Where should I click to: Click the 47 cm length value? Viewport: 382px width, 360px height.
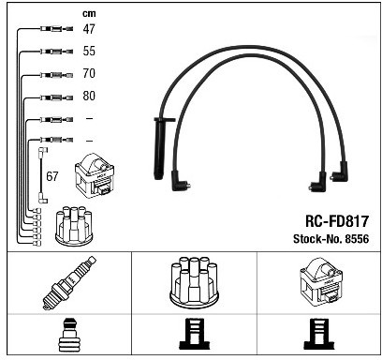coord(89,29)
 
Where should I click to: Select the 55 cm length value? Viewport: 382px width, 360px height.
coord(89,51)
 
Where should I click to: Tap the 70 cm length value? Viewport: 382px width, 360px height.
coord(89,73)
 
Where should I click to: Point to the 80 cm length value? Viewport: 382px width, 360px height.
coord(89,96)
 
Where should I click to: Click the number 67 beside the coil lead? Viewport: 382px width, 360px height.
coord(52,176)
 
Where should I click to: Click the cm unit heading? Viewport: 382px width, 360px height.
coord(89,14)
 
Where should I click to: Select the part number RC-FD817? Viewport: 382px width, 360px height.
coord(337,221)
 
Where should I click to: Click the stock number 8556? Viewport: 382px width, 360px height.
coord(357,239)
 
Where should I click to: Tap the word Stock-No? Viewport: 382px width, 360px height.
coord(317,239)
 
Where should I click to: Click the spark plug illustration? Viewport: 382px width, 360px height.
coord(69,282)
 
